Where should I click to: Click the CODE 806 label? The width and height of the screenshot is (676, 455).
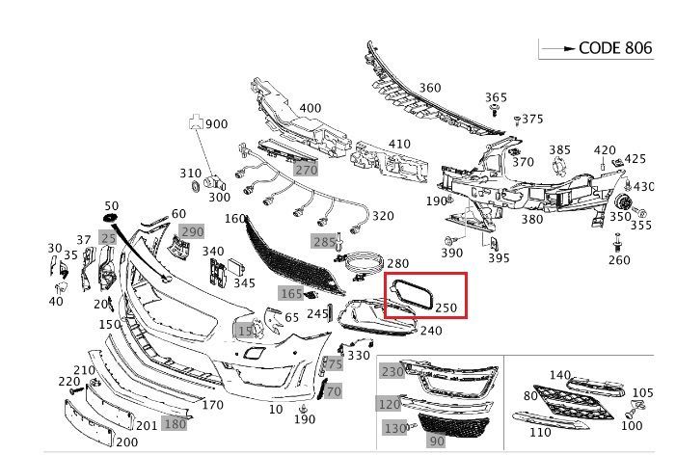click(x=615, y=47)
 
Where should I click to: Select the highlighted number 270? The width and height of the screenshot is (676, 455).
click(x=306, y=170)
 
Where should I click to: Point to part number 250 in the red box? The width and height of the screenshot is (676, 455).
click(x=445, y=308)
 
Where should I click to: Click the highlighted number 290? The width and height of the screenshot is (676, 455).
click(x=193, y=231)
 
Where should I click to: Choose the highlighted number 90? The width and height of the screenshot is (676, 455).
click(x=436, y=441)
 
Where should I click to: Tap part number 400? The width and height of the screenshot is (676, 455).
click(x=310, y=108)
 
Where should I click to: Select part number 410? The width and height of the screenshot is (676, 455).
click(x=398, y=145)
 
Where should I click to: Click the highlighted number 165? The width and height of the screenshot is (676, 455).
click(x=291, y=292)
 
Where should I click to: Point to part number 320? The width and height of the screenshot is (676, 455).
click(x=383, y=216)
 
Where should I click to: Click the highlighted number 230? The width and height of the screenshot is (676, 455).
click(x=392, y=371)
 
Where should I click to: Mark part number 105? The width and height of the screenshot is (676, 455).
click(x=642, y=392)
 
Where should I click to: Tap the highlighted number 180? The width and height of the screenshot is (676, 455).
click(x=175, y=423)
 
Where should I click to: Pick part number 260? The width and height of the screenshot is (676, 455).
click(x=619, y=259)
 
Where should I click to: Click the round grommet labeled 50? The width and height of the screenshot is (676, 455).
click(x=110, y=222)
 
